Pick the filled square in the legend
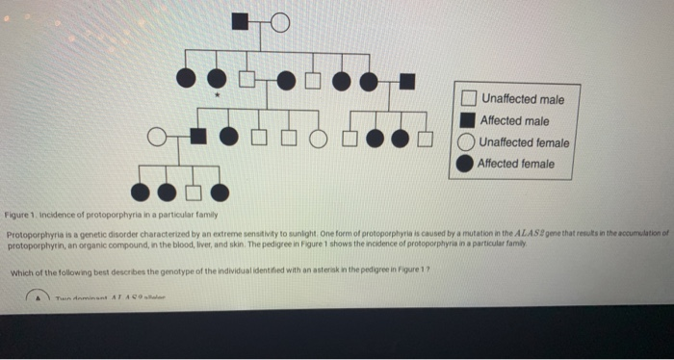click(x=467, y=121)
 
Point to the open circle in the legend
click(x=466, y=142)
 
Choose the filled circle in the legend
click(x=466, y=164)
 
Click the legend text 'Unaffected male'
click(x=523, y=99)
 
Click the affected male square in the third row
click(x=196, y=137)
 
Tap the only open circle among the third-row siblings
click(x=318, y=137)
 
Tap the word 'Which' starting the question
click(x=20, y=273)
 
